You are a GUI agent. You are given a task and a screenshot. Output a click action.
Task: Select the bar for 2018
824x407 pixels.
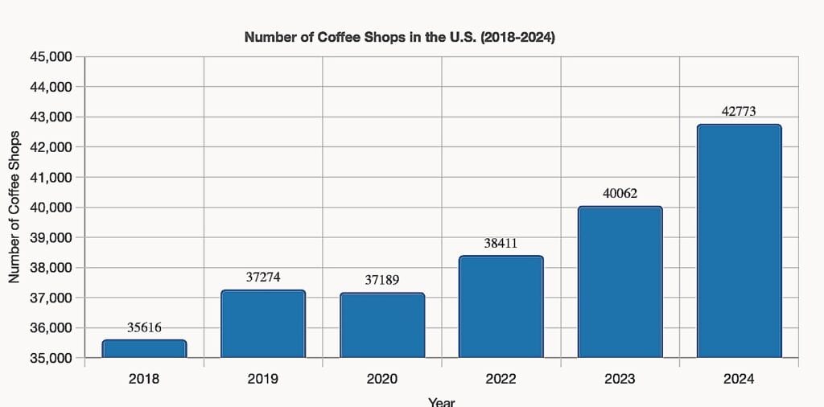point(144,349)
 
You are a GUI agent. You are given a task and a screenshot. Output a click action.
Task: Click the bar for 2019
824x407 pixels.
point(263,323)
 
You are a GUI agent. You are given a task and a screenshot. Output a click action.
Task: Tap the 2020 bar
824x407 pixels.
point(382,325)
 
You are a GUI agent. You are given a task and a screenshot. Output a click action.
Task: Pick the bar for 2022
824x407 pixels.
point(501,306)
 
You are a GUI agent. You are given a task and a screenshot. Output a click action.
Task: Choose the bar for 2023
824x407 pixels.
point(620,282)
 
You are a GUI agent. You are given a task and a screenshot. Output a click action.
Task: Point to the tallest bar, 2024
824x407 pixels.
point(739,240)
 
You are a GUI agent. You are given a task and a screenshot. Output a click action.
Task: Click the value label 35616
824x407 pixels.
point(144,327)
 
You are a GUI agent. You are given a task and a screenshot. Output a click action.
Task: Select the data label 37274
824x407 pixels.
point(263,277)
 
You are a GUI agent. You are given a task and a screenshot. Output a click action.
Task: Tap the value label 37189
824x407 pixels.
point(382,280)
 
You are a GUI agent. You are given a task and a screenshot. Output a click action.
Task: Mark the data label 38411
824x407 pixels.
point(501,243)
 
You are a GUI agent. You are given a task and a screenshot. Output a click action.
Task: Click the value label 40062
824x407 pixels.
point(620,193)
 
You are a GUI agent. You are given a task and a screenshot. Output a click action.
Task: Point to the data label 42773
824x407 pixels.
point(739,112)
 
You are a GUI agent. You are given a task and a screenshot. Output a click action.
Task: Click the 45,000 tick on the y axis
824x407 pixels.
point(51,57)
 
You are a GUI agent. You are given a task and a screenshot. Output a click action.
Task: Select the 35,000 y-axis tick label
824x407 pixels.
point(51,358)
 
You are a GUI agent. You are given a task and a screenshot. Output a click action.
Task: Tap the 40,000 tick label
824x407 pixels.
point(51,208)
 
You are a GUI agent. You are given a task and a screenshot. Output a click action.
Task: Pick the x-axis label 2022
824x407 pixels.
point(501,379)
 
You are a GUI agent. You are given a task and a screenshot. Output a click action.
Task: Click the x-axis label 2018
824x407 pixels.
point(144,379)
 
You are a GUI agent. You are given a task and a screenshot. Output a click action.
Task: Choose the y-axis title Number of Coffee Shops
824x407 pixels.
point(14,208)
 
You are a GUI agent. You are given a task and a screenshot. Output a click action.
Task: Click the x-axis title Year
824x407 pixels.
point(441,401)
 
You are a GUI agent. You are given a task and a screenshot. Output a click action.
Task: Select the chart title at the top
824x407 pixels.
point(399,37)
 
